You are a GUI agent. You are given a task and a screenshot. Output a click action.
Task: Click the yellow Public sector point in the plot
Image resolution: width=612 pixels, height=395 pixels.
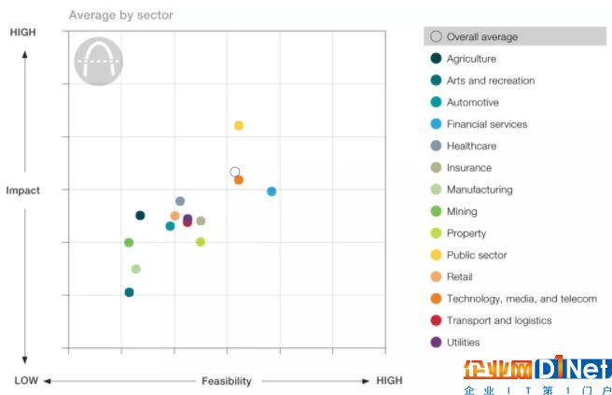[x=239, y=125]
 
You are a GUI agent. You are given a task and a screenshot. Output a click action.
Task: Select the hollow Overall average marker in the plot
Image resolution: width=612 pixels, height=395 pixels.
[x=235, y=172]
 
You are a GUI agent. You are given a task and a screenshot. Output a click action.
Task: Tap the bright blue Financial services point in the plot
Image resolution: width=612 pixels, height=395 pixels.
[x=271, y=191]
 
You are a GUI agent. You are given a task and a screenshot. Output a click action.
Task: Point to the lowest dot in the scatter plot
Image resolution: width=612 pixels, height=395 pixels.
[x=129, y=292]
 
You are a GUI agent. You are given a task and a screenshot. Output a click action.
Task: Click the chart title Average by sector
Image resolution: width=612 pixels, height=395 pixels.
[x=120, y=15]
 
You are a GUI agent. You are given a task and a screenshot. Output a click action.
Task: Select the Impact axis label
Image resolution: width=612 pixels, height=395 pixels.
[x=23, y=190]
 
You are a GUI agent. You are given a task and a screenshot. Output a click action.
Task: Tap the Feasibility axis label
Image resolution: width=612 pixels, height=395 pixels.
[x=226, y=381]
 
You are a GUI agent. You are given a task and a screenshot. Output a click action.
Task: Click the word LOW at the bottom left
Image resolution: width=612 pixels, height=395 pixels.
[x=26, y=381]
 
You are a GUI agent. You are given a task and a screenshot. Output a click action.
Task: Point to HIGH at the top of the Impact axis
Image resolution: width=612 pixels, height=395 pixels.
[x=23, y=33]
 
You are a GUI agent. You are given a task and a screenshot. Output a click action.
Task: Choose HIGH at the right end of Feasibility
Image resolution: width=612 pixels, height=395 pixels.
[x=389, y=381]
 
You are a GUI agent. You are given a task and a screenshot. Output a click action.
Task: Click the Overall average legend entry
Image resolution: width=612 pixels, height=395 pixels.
[x=481, y=37]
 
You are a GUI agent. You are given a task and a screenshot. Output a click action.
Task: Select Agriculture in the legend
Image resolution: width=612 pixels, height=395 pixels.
[x=471, y=59]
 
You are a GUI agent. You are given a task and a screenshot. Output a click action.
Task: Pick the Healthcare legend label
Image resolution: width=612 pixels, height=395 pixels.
[x=471, y=146]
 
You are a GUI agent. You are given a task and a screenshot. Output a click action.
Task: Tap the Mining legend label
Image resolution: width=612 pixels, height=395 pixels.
[x=462, y=212]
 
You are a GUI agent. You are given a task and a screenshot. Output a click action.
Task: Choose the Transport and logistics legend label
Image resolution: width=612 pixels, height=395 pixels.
[x=499, y=320]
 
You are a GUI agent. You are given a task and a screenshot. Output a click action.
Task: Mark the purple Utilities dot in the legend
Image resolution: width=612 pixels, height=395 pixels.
[x=436, y=343]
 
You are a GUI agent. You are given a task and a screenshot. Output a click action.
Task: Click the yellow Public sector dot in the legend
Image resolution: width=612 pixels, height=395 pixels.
[x=436, y=255]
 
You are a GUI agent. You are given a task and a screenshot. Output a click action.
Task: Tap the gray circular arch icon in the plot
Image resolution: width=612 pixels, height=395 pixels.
[x=98, y=62]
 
